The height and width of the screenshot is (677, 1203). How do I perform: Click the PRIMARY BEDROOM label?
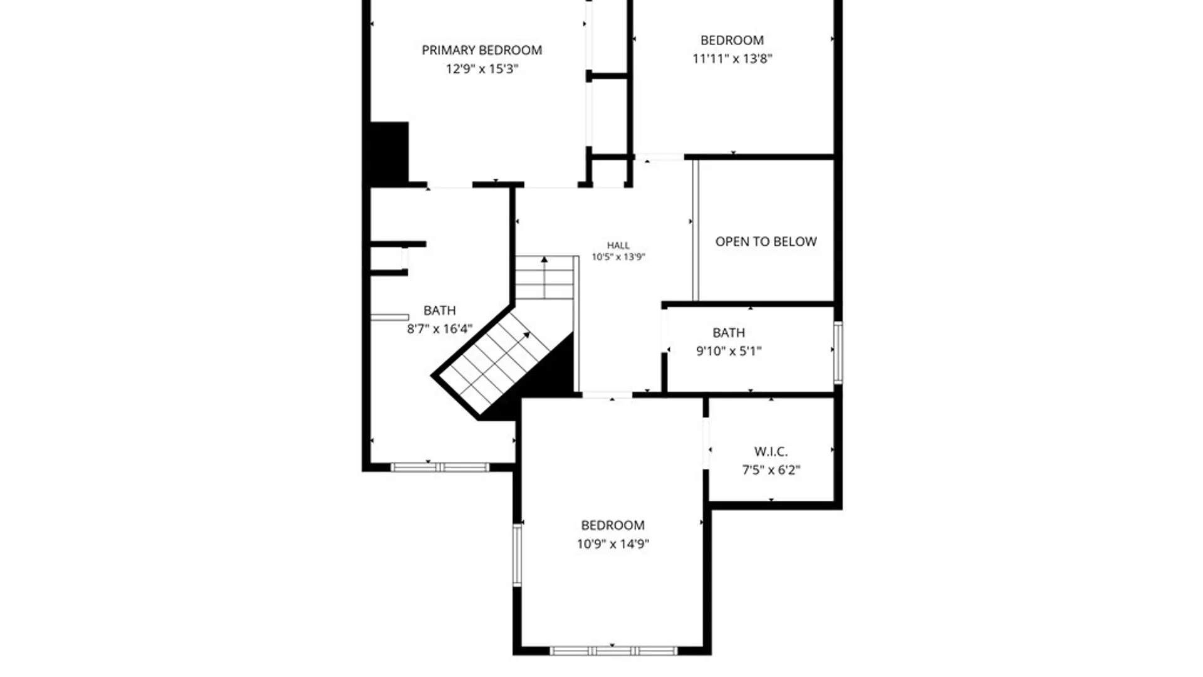coord(481,50)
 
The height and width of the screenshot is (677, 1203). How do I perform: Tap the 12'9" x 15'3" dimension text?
coord(482,68)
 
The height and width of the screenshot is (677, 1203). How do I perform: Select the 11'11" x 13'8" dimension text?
coord(732,58)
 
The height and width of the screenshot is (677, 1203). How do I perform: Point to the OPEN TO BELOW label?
coord(766,241)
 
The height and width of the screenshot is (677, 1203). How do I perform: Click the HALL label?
coord(618,246)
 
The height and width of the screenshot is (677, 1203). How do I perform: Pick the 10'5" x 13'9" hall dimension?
coord(618,256)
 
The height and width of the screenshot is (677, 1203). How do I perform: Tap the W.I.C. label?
coord(771,451)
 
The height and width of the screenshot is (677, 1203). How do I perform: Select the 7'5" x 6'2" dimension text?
coord(771,470)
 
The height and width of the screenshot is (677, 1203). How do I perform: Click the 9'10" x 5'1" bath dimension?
coord(729,351)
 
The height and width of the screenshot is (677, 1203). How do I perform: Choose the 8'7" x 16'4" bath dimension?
coord(439,328)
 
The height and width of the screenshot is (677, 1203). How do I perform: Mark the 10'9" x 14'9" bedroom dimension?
coord(613,543)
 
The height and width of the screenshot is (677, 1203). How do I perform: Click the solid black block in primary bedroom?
coord(389,152)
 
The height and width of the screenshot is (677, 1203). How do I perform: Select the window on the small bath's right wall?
coord(838,352)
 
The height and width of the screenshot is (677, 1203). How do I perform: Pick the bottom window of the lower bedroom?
coord(613,651)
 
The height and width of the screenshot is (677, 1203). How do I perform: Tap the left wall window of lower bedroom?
coord(517,555)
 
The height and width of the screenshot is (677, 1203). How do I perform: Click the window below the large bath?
coord(440,467)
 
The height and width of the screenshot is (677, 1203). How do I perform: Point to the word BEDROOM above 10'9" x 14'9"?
coord(613,525)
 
